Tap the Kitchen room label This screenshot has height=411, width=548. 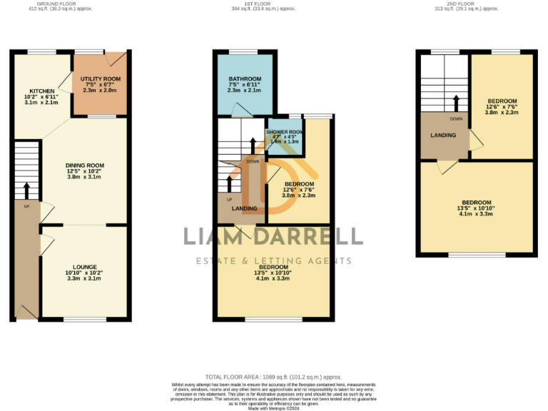point(42,91)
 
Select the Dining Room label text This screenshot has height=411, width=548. point(86,165)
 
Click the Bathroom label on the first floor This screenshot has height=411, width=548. point(245,78)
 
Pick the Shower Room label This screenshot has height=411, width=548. point(285,132)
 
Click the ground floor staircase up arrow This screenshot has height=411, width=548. point(26,191)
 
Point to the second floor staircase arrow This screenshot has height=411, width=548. point(453,101)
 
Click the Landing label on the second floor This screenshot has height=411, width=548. point(443,135)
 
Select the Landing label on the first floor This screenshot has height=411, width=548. point(245,208)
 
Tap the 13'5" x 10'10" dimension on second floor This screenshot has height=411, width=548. point(477,208)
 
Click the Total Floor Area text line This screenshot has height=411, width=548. point(273,377)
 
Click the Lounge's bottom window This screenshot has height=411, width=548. point(84,319)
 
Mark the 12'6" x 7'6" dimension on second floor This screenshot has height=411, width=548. point(502,107)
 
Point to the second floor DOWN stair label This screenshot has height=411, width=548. point(455,118)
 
